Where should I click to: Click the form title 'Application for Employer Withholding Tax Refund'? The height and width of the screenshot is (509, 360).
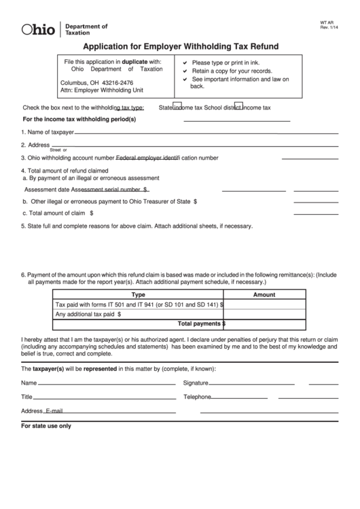tap(180, 48)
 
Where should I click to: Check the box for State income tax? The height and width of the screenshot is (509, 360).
tap(177, 106)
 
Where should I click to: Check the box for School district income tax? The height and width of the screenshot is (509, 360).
tap(238, 106)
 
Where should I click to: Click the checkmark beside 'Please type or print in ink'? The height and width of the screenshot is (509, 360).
tap(185, 62)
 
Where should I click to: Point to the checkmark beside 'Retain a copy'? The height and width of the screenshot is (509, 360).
tap(185, 71)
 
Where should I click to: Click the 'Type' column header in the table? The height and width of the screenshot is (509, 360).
tap(138, 295)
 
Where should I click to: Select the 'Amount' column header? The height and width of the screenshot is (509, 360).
tap(264, 295)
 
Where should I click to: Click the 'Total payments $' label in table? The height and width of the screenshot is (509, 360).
tap(201, 324)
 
